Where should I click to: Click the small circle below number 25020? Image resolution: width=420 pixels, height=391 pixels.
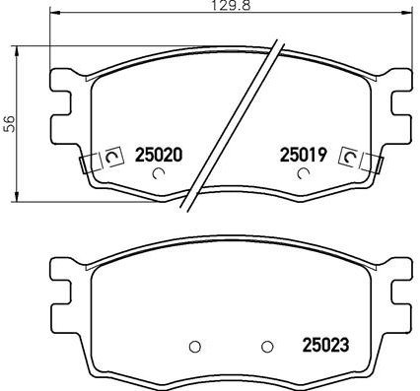point(160,175)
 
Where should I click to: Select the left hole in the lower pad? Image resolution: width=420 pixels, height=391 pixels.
point(194,346)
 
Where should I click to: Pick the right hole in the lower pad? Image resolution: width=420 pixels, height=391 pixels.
point(266,346)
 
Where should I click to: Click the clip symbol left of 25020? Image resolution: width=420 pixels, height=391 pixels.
point(111,156)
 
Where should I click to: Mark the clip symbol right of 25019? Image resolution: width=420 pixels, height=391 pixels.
point(348,156)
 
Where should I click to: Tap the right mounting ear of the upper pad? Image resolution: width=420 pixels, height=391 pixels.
point(399,103)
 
